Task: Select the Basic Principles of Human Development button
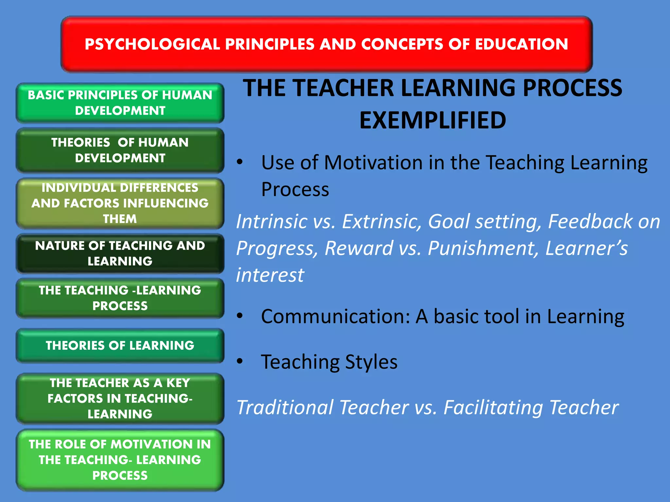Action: [120, 103]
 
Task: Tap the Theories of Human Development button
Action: [120, 150]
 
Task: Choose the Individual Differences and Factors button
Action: [120, 203]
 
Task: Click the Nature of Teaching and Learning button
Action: [120, 253]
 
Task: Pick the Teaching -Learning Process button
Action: [120, 298]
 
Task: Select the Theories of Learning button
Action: [120, 345]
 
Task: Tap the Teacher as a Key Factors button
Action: [120, 398]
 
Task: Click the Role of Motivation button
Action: [120, 460]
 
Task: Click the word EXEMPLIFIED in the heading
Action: [432, 120]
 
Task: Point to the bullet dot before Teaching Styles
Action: [240, 361]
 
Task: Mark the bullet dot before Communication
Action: [240, 316]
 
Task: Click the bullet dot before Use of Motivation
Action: [240, 162]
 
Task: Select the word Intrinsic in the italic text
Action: [271, 222]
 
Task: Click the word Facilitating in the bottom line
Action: [493, 408]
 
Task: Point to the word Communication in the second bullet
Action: [335, 317]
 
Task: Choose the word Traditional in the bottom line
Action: [285, 408]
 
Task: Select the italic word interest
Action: [270, 275]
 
